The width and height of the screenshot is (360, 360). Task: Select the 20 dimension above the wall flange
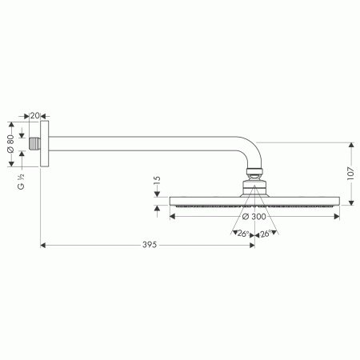[x=36, y=115]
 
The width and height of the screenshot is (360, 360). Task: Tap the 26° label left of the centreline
[x=243, y=234]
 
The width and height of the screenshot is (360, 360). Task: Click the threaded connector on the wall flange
[x=36, y=145]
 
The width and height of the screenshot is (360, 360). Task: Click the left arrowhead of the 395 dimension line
[x=44, y=245]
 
